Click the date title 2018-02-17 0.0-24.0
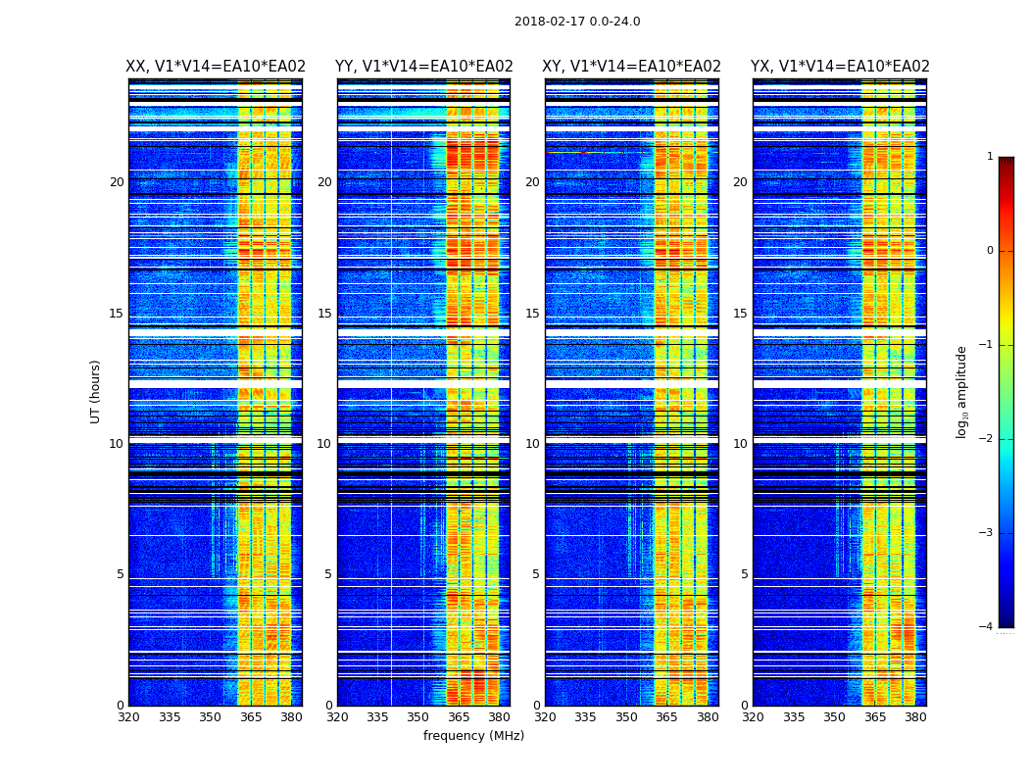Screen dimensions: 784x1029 pyautogui.click(x=577, y=22)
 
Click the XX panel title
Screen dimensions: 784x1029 pyautogui.click(x=216, y=67)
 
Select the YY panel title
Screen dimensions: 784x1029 pyautogui.click(x=423, y=67)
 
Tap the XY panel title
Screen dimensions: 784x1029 pyautogui.click(x=632, y=67)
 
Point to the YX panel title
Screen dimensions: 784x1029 pyautogui.click(x=840, y=67)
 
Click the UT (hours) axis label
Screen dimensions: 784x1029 pyautogui.click(x=96, y=391)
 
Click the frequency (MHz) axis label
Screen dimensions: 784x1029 pyautogui.click(x=473, y=736)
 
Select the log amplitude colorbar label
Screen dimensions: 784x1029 pyautogui.click(x=962, y=391)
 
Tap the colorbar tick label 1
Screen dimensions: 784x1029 pyautogui.click(x=990, y=157)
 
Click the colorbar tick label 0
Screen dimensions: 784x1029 pyautogui.click(x=990, y=251)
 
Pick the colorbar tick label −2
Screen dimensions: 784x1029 pyautogui.click(x=987, y=439)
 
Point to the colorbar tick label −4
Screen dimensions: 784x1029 pyautogui.click(x=987, y=627)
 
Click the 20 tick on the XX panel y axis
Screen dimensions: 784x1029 pyautogui.click(x=117, y=182)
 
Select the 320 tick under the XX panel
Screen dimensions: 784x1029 pyautogui.click(x=128, y=717)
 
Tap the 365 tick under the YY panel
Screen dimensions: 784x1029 pyautogui.click(x=459, y=717)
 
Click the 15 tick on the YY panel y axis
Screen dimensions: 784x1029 pyautogui.click(x=324, y=314)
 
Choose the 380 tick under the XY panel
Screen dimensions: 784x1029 pyautogui.click(x=708, y=717)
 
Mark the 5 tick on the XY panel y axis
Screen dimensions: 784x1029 pyautogui.click(x=536, y=574)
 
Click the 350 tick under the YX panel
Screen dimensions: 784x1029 pyautogui.click(x=834, y=717)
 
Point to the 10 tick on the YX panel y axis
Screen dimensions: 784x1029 pyautogui.click(x=740, y=444)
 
